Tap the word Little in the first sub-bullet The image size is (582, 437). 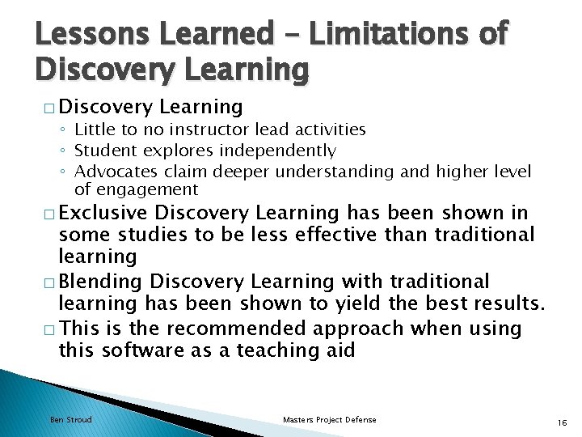[95, 129]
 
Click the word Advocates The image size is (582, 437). [113, 172]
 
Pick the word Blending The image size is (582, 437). [103, 282]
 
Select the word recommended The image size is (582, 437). [231, 329]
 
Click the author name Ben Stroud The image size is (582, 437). [71, 420]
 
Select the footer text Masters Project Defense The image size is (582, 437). [329, 420]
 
